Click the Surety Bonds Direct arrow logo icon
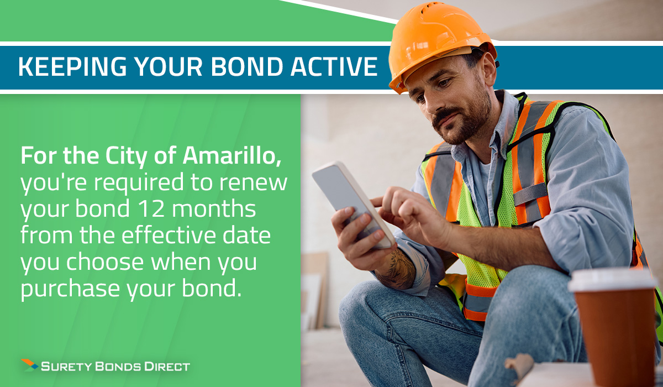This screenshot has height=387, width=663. click(30, 365)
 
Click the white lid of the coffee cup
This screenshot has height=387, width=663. click(612, 280)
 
